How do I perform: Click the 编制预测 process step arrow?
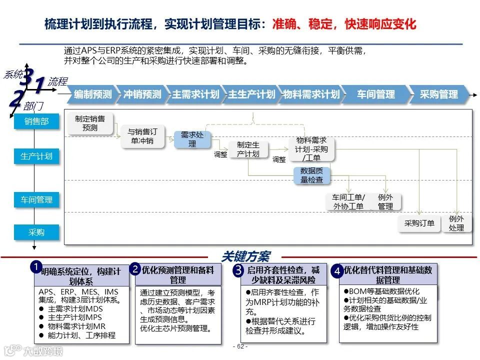coord(93,94)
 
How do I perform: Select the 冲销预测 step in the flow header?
coord(142,94)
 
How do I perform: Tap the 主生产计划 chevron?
coord(251,94)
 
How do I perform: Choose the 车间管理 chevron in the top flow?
coord(376,94)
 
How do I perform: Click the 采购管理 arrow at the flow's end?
coord(438,94)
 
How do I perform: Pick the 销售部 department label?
coord(36,121)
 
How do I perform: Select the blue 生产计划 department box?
coord(36,156)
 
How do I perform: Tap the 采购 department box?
coord(36,232)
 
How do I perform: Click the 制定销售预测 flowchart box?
coord(90,123)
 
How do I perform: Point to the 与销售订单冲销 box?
coord(142,136)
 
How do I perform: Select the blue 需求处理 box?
coord(192,139)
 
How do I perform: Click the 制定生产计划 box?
coord(248,149)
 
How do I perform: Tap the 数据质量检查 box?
coord(311,175)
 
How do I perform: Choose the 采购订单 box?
coord(419,223)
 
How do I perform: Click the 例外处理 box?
coord(456,223)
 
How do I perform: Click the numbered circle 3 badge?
coord(238,270)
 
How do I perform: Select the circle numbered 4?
coord(337,271)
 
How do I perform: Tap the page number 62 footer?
coord(240,346)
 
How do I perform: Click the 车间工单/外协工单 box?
coord(348,201)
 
